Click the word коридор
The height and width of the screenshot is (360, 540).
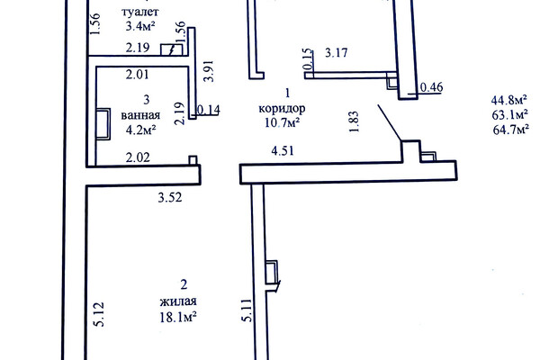(x=282, y=109)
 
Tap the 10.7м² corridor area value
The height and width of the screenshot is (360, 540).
(x=282, y=122)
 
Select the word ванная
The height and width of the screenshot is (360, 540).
(x=140, y=115)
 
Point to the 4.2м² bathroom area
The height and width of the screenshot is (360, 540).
(x=140, y=130)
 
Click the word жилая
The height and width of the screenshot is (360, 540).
(x=178, y=301)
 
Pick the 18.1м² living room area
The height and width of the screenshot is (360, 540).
(x=178, y=317)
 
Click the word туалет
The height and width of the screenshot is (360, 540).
(x=140, y=12)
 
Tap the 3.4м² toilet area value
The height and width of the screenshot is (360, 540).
(x=140, y=26)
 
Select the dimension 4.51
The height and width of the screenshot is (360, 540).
(x=283, y=151)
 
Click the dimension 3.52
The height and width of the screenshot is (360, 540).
(x=170, y=198)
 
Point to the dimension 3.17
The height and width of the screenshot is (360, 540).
(x=337, y=53)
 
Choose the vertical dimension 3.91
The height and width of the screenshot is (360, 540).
(x=209, y=71)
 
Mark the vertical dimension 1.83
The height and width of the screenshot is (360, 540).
(x=354, y=121)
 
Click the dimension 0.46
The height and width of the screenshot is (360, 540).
(x=431, y=87)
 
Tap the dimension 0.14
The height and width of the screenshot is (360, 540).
(x=209, y=110)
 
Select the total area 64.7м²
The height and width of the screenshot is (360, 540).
(x=511, y=130)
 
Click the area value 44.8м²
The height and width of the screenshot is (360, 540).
(x=509, y=100)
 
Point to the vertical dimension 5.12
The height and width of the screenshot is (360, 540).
(x=99, y=314)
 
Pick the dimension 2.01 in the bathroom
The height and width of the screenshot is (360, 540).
(x=137, y=75)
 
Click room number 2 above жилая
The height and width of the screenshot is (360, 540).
(x=184, y=285)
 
